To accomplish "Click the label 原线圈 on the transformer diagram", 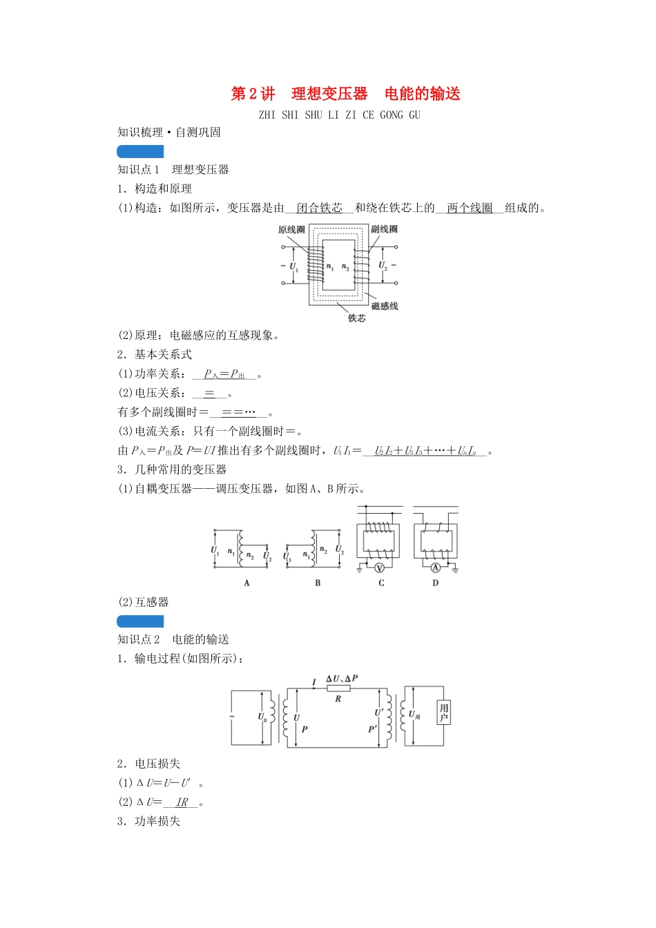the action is (x=291, y=230).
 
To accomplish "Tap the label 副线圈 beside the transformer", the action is (x=384, y=229).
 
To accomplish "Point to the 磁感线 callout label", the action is (x=385, y=306).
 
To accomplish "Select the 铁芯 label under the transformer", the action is (x=356, y=318).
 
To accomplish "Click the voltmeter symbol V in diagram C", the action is (x=379, y=568).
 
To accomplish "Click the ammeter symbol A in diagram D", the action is (x=435, y=568).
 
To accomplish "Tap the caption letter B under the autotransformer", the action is (x=318, y=583).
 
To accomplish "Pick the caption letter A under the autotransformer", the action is (x=247, y=583).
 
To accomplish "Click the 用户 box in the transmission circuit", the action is (x=443, y=713).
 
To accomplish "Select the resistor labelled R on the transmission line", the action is (x=338, y=688).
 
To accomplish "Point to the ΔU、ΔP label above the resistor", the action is (x=342, y=679).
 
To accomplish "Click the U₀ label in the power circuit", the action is (x=262, y=717).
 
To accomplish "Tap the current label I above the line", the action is (x=313, y=683).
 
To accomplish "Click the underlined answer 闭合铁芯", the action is (x=319, y=208).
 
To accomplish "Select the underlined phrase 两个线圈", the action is (x=470, y=208).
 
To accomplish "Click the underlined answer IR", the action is (x=182, y=802).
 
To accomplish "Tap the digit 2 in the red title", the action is (x=253, y=94).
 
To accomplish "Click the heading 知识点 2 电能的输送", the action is (x=173, y=639).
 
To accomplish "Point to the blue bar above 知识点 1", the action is (x=140, y=151).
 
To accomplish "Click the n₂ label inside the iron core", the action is (x=345, y=267).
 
